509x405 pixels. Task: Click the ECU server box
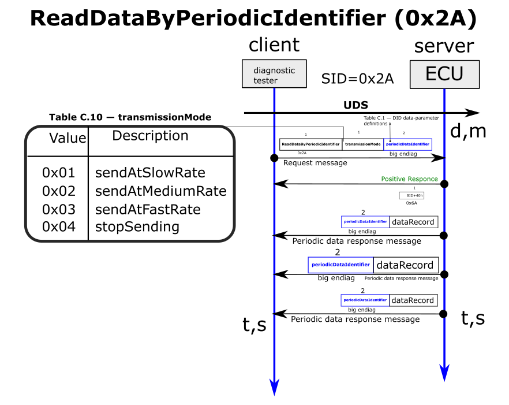click(x=444, y=73)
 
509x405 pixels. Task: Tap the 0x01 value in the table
click(x=59, y=173)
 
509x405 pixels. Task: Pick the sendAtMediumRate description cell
click(x=160, y=191)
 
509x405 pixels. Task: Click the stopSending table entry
click(x=137, y=226)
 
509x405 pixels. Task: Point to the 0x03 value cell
click(x=59, y=209)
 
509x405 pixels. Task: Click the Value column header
click(x=68, y=138)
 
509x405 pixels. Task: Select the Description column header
click(x=150, y=136)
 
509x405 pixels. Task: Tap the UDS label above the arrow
click(x=355, y=105)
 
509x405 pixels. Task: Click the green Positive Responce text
click(x=409, y=179)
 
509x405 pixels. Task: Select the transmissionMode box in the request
click(x=362, y=144)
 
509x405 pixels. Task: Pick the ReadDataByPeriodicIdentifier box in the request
click(x=310, y=144)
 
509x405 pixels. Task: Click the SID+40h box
click(x=411, y=196)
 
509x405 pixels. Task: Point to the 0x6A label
click(x=411, y=203)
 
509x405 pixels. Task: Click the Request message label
click(x=315, y=163)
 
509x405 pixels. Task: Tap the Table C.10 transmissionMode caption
click(x=130, y=117)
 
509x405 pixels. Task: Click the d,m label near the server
click(x=467, y=132)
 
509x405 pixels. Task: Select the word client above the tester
click(x=274, y=45)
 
